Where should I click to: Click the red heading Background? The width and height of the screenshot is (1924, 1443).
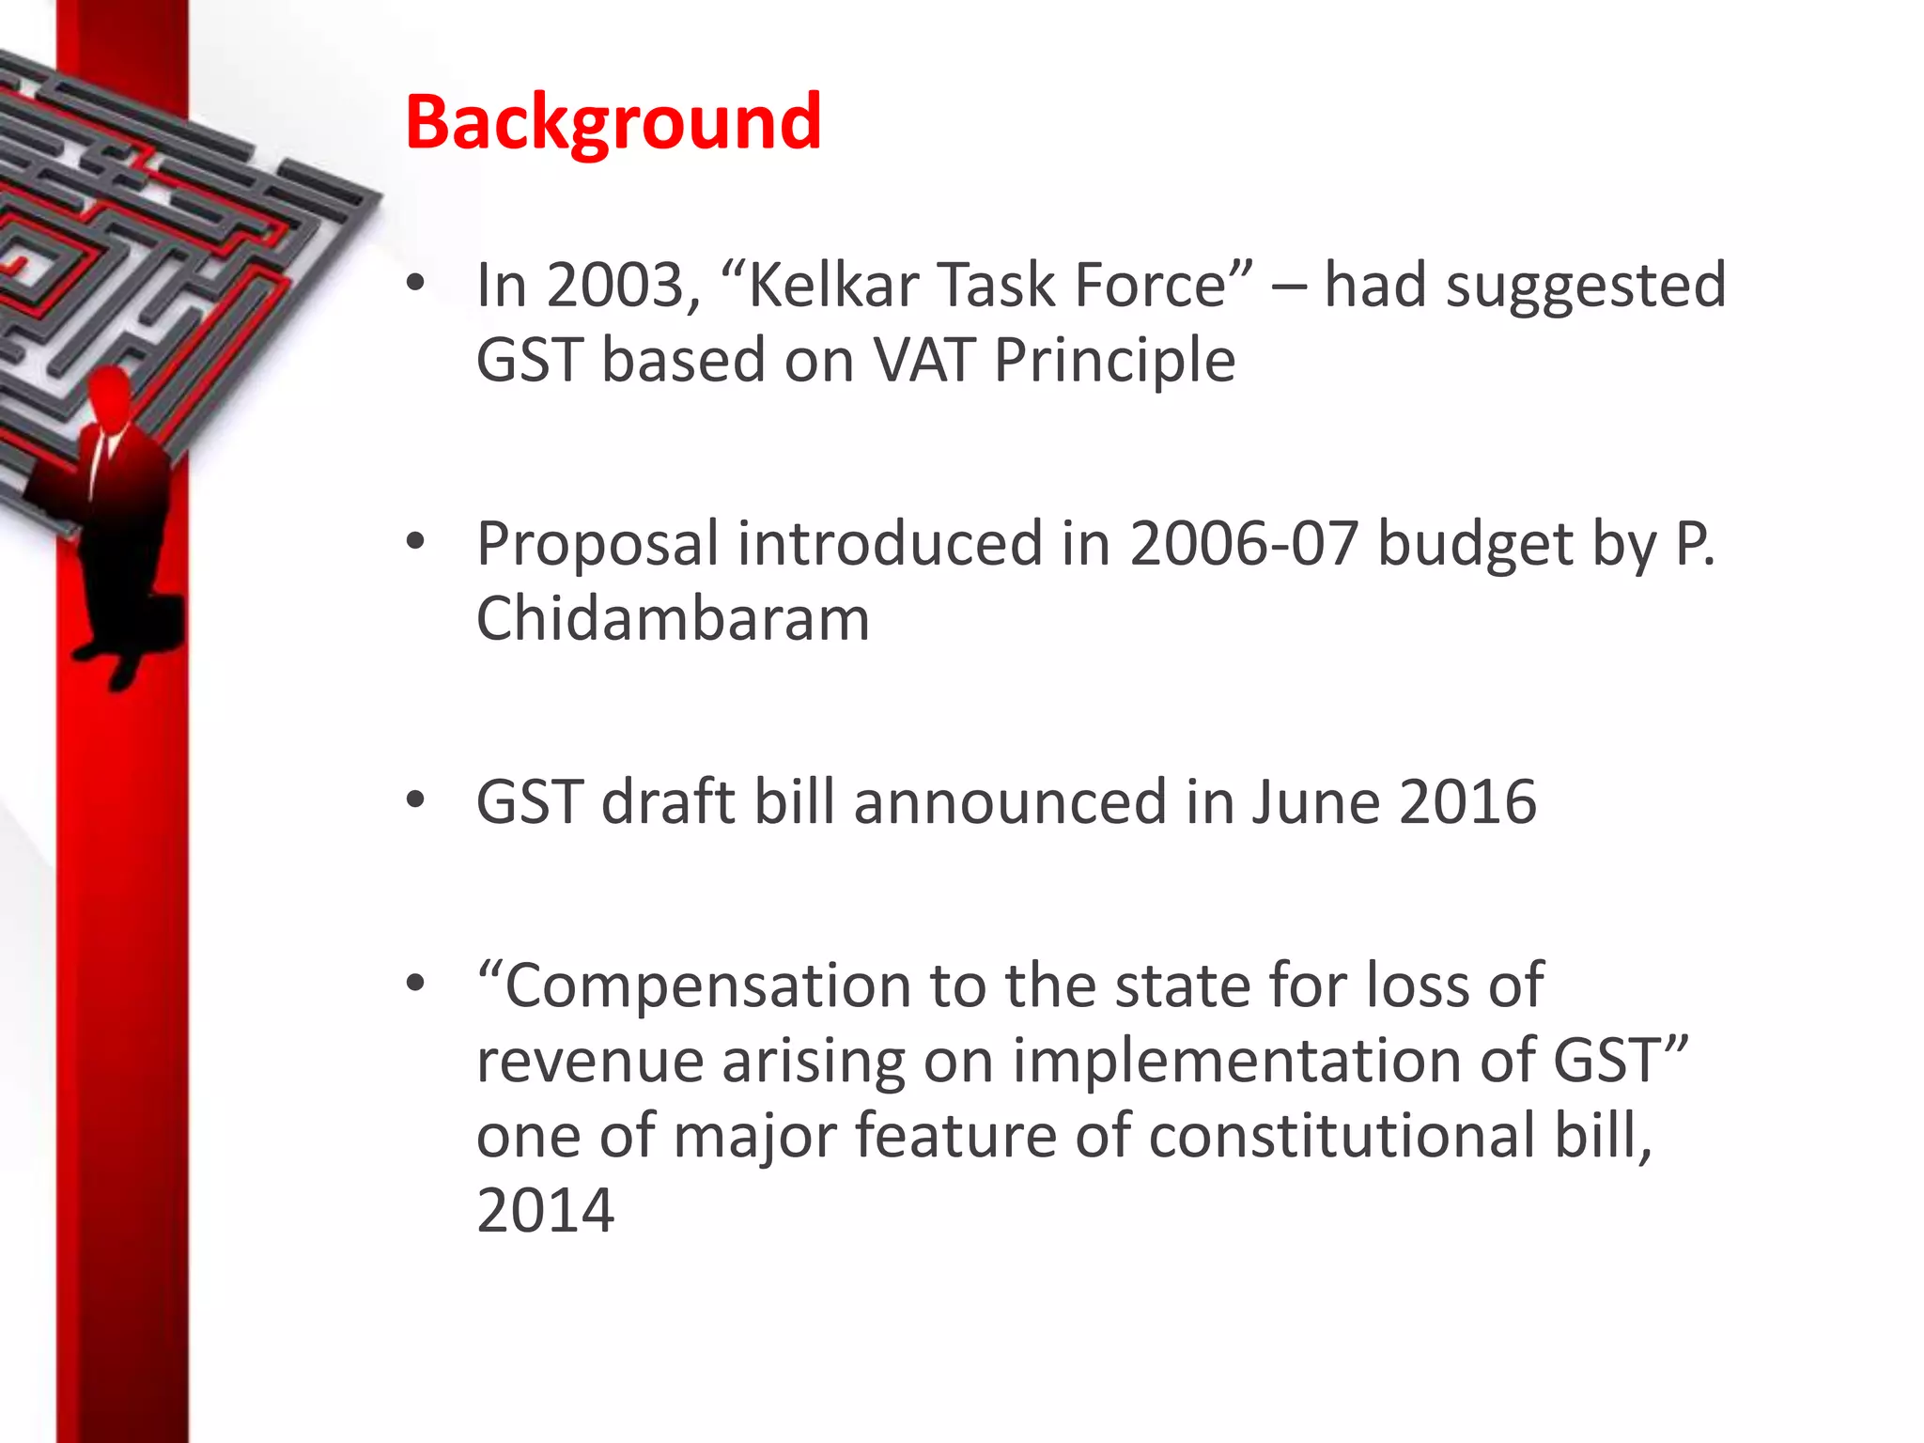613,122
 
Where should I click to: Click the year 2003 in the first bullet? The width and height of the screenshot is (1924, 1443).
623,285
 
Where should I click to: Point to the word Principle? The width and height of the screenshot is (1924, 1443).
1114,362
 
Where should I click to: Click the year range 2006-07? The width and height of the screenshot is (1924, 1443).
1244,544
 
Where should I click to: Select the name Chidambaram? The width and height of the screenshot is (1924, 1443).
673,619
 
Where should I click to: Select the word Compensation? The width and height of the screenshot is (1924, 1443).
695,986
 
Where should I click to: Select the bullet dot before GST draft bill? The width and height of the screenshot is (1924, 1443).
415,800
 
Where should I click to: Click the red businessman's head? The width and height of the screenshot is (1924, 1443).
110,395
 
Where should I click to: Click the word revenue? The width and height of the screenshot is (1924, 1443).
590,1063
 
